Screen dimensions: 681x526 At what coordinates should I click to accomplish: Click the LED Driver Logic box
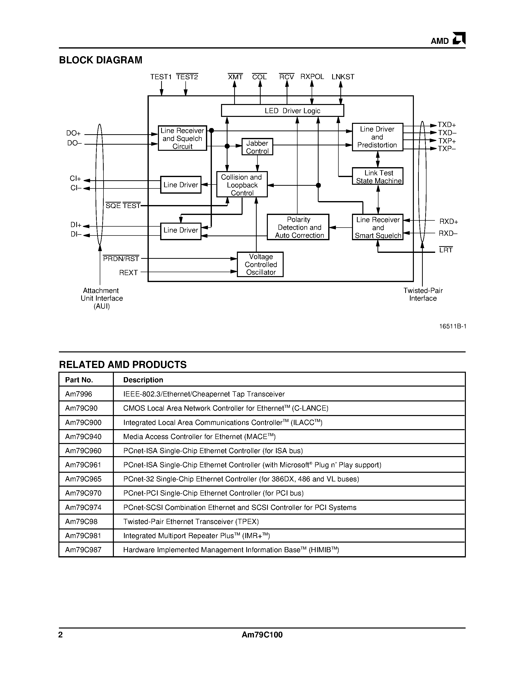tap(282, 111)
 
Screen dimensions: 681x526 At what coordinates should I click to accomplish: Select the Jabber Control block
tap(257, 147)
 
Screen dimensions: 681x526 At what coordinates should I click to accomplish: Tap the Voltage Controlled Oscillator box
tap(260, 264)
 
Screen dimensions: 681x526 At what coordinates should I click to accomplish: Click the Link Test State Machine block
tap(378, 177)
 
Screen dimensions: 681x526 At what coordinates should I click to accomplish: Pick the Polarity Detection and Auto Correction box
tap(298, 227)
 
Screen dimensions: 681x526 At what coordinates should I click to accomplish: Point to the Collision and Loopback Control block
tap(242, 184)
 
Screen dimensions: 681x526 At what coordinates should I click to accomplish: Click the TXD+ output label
tap(447, 125)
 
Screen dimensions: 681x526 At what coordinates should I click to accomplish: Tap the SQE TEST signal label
tap(123, 206)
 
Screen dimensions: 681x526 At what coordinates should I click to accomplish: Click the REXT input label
tap(128, 273)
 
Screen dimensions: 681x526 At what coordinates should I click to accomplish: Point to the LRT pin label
tap(446, 250)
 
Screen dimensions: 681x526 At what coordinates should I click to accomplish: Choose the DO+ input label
tap(74, 133)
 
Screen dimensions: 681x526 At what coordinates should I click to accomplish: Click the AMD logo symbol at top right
tap(459, 39)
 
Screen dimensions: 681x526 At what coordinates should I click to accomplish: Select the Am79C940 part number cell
tap(83, 437)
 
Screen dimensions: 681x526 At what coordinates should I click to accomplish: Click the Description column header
tap(143, 380)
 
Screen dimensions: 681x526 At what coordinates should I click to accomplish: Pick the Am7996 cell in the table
tap(78, 394)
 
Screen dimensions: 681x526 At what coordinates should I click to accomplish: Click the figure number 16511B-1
tap(452, 326)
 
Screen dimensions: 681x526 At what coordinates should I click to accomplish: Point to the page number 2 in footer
tap(61, 635)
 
